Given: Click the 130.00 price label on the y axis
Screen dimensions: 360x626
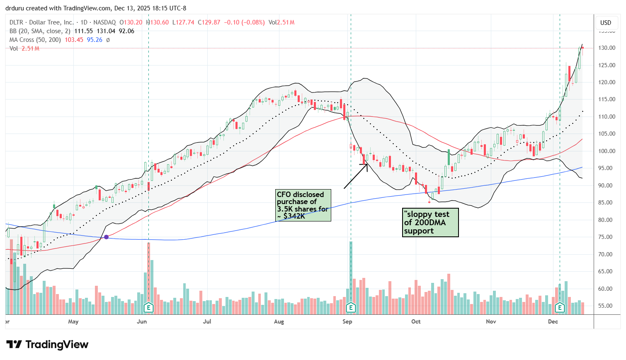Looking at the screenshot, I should [606, 48].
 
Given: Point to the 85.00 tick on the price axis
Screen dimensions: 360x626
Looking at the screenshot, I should [606, 203].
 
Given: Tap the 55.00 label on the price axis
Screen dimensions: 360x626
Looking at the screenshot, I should [606, 306].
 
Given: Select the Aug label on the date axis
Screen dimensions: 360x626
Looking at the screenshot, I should [279, 322].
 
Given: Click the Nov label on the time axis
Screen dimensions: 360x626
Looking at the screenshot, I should [491, 322].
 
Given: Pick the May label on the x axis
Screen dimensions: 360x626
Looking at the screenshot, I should [73, 322].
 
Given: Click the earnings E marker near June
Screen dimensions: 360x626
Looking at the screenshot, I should [148, 308].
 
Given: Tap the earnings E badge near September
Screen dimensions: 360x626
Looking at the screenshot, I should [351, 308].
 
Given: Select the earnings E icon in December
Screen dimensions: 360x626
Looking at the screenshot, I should [560, 308].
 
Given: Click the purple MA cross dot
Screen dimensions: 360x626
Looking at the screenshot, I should [107, 237].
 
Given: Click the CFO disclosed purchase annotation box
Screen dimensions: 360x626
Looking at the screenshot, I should [303, 205].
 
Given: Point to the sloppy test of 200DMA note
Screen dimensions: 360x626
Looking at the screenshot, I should [430, 223].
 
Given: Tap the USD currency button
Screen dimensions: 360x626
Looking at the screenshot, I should [606, 23].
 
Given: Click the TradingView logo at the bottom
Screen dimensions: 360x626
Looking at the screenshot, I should [48, 345].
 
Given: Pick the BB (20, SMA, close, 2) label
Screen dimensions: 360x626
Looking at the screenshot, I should [41, 31].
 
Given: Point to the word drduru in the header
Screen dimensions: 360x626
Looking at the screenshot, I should [15, 8].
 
